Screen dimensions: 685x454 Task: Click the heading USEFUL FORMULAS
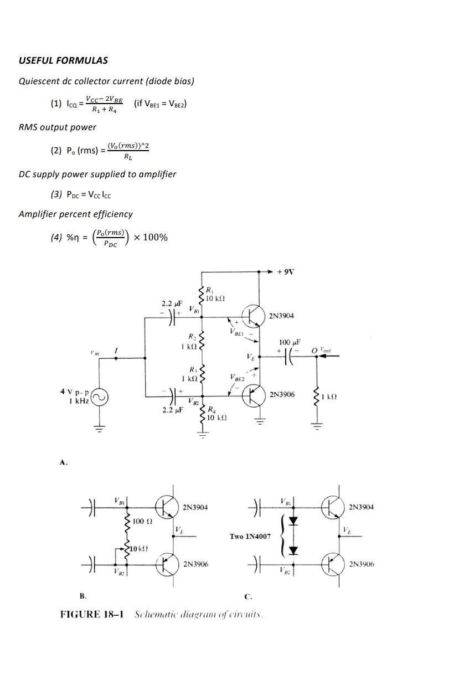pyautogui.click(x=63, y=60)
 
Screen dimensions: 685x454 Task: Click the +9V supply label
pyautogui.click(x=286, y=272)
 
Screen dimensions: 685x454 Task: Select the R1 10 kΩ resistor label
pyautogui.click(x=213, y=295)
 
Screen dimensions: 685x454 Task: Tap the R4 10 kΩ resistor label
pyautogui.click(x=216, y=414)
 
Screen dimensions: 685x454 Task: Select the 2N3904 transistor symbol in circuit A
pyautogui.click(x=255, y=315)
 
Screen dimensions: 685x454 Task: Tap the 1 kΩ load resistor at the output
pyautogui.click(x=317, y=396)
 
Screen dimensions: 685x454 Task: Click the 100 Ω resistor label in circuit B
pyautogui.click(x=142, y=521)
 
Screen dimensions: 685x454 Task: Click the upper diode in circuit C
pyautogui.click(x=293, y=521)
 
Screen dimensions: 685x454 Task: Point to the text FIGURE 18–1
pyautogui.click(x=91, y=614)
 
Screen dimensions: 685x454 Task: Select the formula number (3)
pyautogui.click(x=56, y=194)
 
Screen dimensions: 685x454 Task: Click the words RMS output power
pyautogui.click(x=58, y=127)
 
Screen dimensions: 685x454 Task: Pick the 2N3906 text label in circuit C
pyautogui.click(x=361, y=564)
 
